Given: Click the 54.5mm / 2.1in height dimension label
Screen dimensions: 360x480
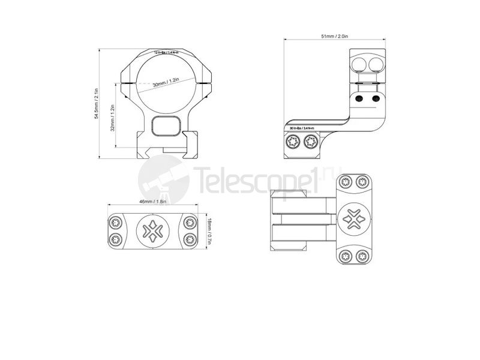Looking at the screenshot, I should [95, 103].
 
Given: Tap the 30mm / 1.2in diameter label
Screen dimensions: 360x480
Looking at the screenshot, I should [166, 83].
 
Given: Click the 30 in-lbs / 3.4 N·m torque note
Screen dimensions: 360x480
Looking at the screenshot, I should [302, 128].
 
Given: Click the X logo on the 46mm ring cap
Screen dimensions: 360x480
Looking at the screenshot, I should [152, 231].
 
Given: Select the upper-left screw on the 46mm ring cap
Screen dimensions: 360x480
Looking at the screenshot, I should [116, 223].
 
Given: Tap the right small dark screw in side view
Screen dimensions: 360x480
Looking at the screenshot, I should [376, 98].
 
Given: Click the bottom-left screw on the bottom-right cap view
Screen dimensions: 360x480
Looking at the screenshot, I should [345, 257].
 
